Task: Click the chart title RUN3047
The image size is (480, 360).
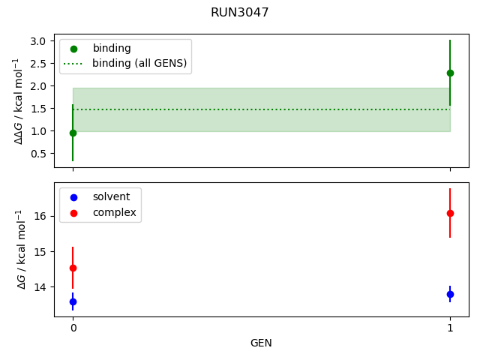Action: click(240, 13)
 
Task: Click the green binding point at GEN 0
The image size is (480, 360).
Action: click(73, 133)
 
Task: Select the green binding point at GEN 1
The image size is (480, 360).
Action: click(450, 73)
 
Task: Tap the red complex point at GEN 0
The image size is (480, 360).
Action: click(73, 268)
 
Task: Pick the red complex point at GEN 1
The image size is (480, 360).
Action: click(450, 213)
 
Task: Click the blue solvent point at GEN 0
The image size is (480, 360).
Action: click(73, 301)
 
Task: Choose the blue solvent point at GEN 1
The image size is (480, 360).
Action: click(450, 294)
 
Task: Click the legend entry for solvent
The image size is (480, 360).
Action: click(111, 196)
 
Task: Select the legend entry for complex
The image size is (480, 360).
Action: click(114, 212)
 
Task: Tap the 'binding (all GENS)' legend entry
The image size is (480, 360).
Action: click(139, 63)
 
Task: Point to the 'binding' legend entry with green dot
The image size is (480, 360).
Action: click(111, 48)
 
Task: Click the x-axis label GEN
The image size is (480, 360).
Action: click(261, 343)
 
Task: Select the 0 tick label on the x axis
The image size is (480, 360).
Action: click(73, 328)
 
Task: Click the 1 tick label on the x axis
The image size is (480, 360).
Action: click(450, 328)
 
